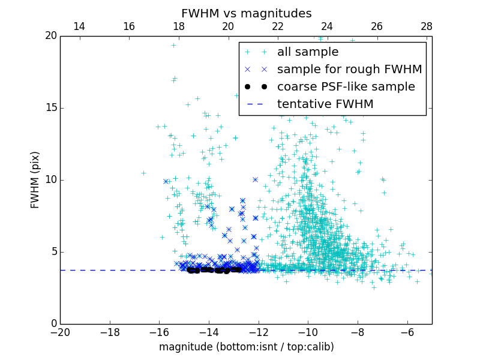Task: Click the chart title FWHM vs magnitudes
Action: point(246,13)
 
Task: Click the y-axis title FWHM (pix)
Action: point(35,179)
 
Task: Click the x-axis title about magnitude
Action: point(246,347)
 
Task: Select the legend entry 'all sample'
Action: point(307,52)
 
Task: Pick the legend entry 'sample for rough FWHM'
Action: point(349,70)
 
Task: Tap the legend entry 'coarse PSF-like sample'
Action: point(346,87)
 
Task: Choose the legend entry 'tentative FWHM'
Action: point(325,104)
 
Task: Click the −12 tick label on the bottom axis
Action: point(259,332)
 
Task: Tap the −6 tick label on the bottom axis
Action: point(407,332)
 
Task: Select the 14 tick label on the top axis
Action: point(79,26)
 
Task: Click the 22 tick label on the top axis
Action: point(277,26)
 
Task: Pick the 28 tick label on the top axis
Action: point(427,26)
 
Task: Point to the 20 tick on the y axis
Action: point(50,36)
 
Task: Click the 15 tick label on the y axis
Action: point(50,108)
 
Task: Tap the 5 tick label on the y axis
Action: point(53,252)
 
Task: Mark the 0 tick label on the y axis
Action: point(53,324)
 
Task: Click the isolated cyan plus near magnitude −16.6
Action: point(143,173)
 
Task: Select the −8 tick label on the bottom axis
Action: point(358,332)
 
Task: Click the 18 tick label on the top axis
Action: point(178,26)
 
